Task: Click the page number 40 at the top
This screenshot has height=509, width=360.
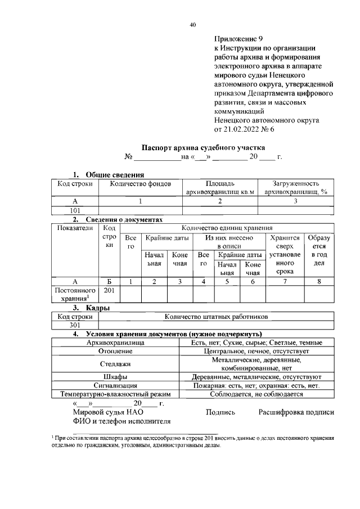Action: pyautogui.click(x=193, y=25)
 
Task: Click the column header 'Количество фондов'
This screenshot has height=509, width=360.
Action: pyautogui.click(x=141, y=184)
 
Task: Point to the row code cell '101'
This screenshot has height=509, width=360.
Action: pyautogui.click(x=75, y=210)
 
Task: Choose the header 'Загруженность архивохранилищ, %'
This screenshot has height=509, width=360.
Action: pyautogui.click(x=296, y=188)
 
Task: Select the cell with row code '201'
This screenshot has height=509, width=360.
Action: pyautogui.click(x=110, y=291)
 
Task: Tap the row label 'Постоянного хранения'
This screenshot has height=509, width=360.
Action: pyautogui.click(x=75, y=294)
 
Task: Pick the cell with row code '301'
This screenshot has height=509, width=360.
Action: pyautogui.click(x=75, y=325)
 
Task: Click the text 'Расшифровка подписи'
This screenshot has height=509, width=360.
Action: pyautogui.click(x=296, y=412)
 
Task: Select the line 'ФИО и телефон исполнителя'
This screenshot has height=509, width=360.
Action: pyautogui.click(x=113, y=421)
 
